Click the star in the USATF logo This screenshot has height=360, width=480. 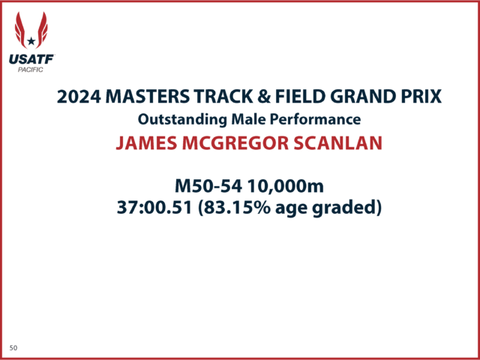(x=31, y=41)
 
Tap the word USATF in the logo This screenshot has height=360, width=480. (x=31, y=59)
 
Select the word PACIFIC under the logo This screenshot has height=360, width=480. (x=30, y=70)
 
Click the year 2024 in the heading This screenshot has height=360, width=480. (x=79, y=97)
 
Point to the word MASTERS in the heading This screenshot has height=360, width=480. (x=147, y=97)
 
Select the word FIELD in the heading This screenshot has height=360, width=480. (x=300, y=97)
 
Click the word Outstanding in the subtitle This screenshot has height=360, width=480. (x=182, y=120)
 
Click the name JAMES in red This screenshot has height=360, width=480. (x=146, y=143)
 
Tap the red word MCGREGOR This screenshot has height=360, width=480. (x=235, y=143)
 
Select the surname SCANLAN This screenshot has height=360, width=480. (x=337, y=143)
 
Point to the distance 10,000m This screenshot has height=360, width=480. (x=285, y=187)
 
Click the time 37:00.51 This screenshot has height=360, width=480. (x=154, y=208)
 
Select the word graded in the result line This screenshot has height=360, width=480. (x=344, y=208)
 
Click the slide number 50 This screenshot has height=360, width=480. (x=13, y=348)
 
